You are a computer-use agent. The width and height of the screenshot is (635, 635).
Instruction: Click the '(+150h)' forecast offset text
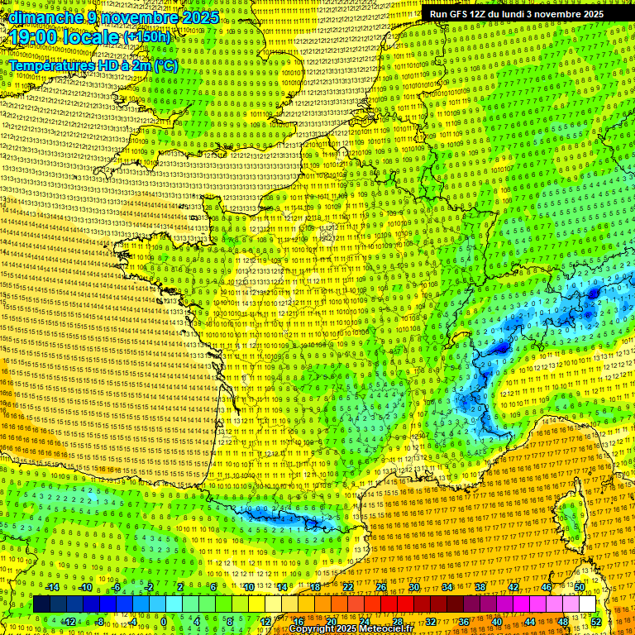coord(147,37)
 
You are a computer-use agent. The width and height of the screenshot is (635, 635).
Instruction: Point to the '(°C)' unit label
coord(165,65)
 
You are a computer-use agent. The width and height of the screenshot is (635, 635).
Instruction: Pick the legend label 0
coord(164,621)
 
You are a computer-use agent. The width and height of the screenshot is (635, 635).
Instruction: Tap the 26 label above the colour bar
coord(380,587)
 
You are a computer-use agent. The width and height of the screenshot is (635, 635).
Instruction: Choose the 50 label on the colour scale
coord(580,587)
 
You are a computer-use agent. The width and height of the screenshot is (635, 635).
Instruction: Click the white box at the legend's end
coord(587,604)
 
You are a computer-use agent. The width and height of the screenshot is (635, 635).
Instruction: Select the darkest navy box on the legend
coord(41,604)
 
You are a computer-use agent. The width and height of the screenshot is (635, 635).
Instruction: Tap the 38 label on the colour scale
coord(480,587)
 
